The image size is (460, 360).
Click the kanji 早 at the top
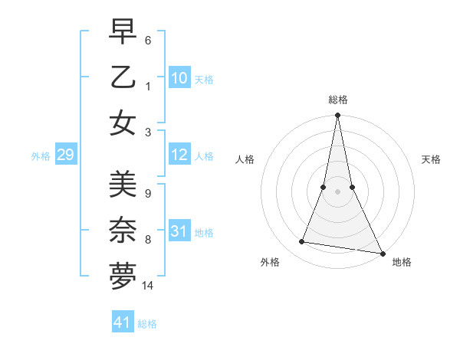pyautogui.click(x=123, y=33)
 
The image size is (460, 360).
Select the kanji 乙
pyautogui.click(x=123, y=77)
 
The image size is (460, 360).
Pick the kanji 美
pyautogui.click(x=123, y=185)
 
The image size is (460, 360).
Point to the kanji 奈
pyautogui.click(x=123, y=230)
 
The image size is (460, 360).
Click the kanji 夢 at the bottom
pyautogui.click(x=123, y=276)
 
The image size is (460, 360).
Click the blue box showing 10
pyautogui.click(x=179, y=77)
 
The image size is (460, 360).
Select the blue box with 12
pyautogui.click(x=179, y=155)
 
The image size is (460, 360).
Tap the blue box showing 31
pyautogui.click(x=179, y=232)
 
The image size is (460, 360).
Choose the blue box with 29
pyautogui.click(x=65, y=155)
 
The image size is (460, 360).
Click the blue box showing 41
pyautogui.click(x=123, y=322)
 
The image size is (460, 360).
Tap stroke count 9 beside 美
pyautogui.click(x=147, y=194)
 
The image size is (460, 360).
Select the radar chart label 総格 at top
pyautogui.click(x=338, y=100)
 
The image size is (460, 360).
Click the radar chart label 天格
pyautogui.click(x=431, y=159)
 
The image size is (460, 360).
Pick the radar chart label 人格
pyautogui.click(x=245, y=159)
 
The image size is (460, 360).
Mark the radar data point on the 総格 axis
pyautogui.click(x=338, y=116)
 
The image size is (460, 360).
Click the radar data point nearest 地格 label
pyautogui.click(x=382, y=253)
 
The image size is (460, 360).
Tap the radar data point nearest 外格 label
pyautogui.click(x=302, y=242)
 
